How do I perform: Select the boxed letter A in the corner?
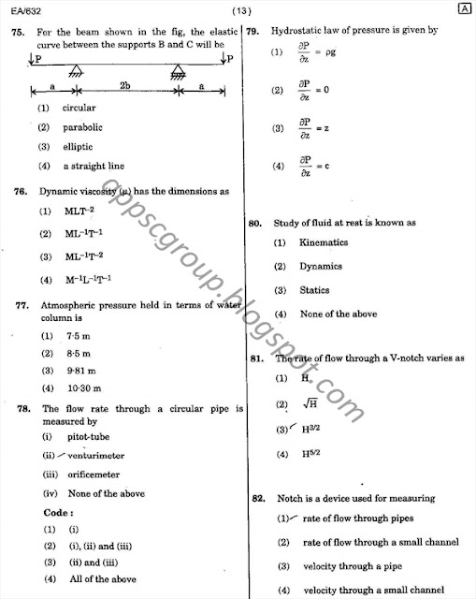point(464,10)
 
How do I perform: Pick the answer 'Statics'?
point(314,290)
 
